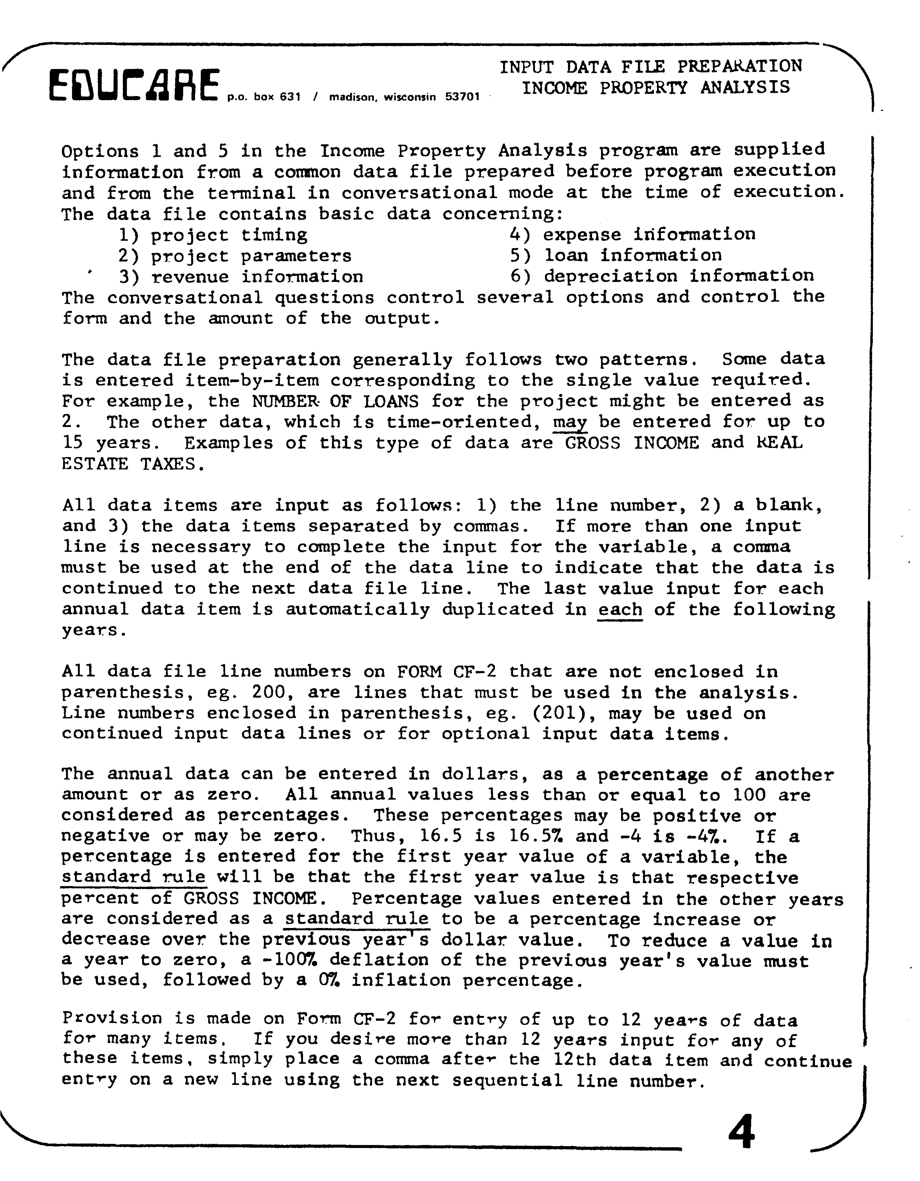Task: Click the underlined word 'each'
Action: coord(620,610)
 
